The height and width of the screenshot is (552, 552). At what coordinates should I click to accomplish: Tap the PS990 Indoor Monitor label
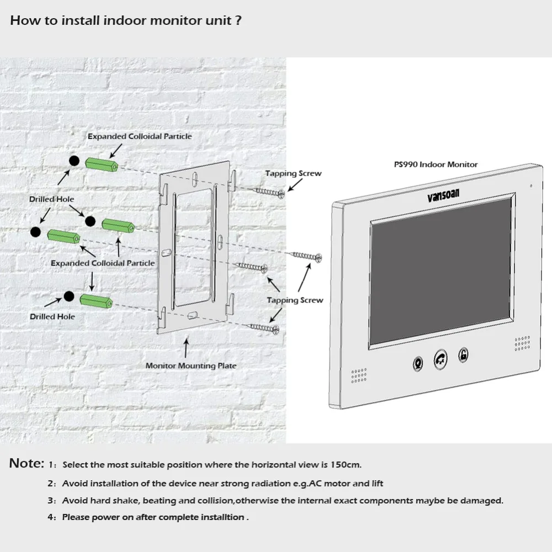[x=436, y=164]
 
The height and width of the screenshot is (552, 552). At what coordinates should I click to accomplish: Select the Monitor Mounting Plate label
[x=191, y=365]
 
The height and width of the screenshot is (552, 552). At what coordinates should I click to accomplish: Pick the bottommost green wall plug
[x=97, y=301]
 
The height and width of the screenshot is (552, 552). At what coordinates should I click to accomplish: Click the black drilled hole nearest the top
[x=74, y=161]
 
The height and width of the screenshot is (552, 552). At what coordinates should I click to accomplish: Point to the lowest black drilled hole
[x=68, y=296]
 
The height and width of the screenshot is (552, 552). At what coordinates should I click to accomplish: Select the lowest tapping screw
[x=264, y=328]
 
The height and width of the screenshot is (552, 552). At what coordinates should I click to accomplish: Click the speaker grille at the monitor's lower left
[x=359, y=375]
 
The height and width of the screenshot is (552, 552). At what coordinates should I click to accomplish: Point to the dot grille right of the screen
[x=522, y=343]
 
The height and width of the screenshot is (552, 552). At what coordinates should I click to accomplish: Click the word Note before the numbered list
[x=26, y=464]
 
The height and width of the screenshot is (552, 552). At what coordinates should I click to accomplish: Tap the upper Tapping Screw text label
[x=293, y=173]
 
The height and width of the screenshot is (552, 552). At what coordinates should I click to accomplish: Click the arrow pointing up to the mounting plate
[x=186, y=348]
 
